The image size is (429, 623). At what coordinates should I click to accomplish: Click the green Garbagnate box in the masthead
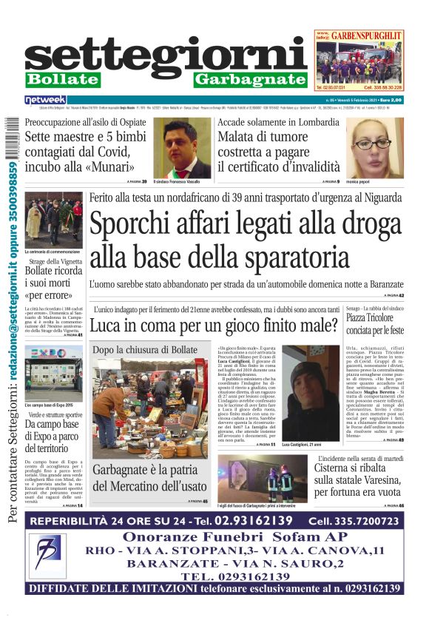coord(251,79)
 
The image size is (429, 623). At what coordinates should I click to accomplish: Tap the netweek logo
coord(45,99)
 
